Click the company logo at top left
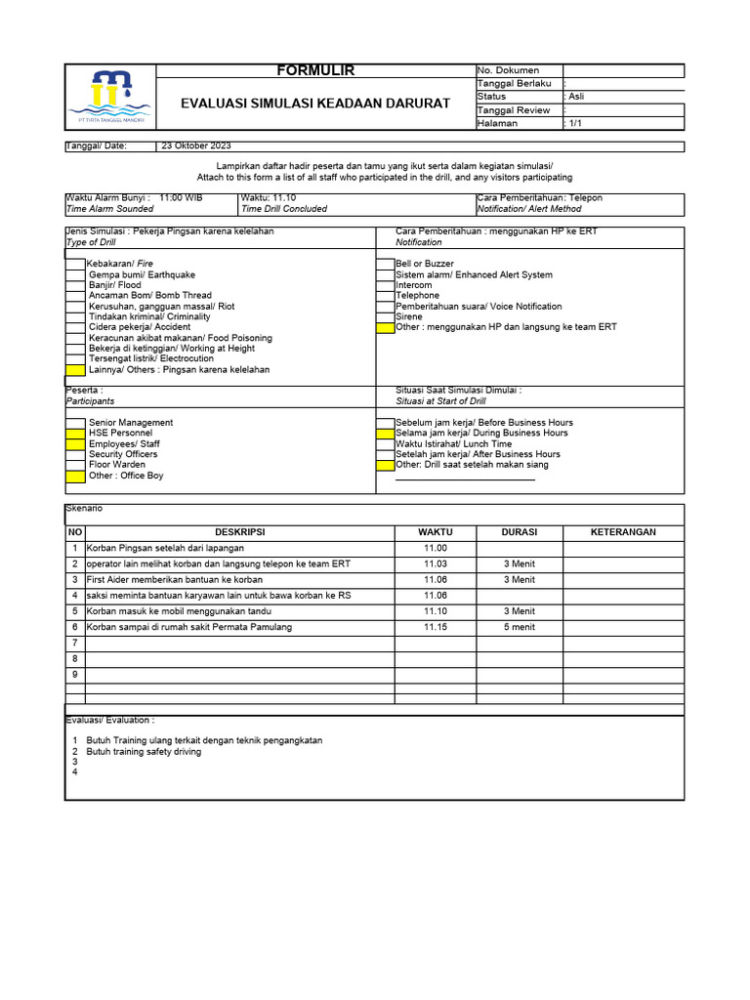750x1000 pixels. tap(109, 97)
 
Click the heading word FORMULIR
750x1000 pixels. tap(315, 70)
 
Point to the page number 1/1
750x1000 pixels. tap(575, 124)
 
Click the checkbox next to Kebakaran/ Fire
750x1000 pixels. tap(75, 264)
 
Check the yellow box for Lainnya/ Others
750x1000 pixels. tap(75, 370)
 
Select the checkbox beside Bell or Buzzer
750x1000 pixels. tap(386, 264)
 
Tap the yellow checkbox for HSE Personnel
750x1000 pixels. tap(75, 433)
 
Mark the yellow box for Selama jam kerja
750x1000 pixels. tap(386, 433)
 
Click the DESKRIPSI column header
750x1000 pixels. tap(239, 532)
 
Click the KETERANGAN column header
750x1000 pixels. tap(623, 532)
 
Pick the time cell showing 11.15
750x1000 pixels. tap(435, 627)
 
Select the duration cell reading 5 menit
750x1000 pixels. tap(519, 627)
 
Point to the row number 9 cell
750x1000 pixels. tap(74, 674)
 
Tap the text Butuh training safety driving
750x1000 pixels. tap(144, 752)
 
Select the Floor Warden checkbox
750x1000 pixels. tap(75, 465)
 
